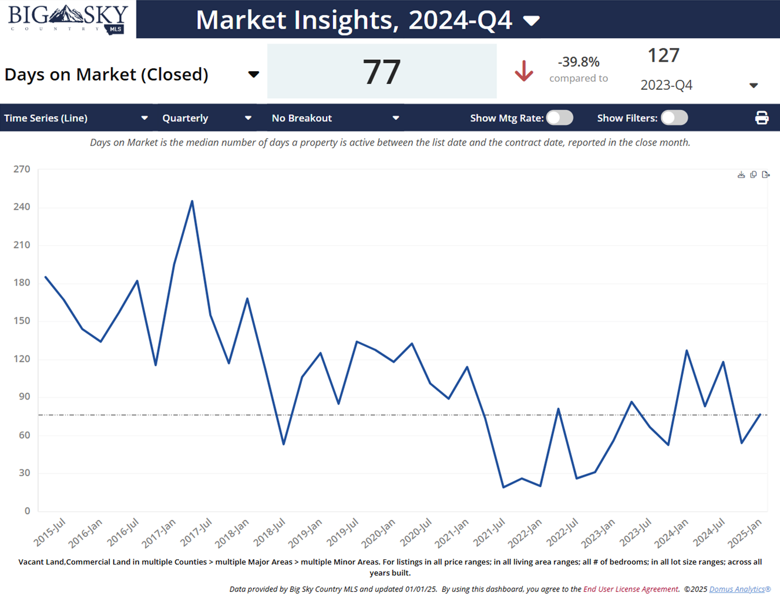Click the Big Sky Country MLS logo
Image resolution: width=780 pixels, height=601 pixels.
pos(68,19)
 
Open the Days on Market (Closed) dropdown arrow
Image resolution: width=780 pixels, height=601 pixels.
pos(253,75)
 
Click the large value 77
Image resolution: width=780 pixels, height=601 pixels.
pos(382,72)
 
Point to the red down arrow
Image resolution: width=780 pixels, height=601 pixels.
pos(523,71)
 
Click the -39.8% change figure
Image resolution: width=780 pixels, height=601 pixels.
pos(579,62)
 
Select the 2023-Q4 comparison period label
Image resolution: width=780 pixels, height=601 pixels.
pos(666,85)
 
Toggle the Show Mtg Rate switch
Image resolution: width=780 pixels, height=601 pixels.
pos(559,118)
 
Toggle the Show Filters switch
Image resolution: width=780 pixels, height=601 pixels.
pos(674,118)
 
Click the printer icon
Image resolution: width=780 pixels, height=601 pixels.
pos(762,118)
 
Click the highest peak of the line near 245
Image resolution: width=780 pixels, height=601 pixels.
pos(192,202)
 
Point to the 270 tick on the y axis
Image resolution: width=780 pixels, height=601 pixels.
pos(22,169)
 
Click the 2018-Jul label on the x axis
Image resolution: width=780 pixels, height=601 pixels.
pos(270,532)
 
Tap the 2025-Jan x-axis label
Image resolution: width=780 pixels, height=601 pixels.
pos(745,532)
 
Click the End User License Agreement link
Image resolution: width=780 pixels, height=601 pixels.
pos(630,589)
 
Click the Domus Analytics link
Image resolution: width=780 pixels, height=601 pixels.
pos(739,589)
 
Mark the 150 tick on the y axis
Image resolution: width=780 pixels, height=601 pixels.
pos(22,321)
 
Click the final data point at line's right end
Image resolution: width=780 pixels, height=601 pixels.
pos(761,414)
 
